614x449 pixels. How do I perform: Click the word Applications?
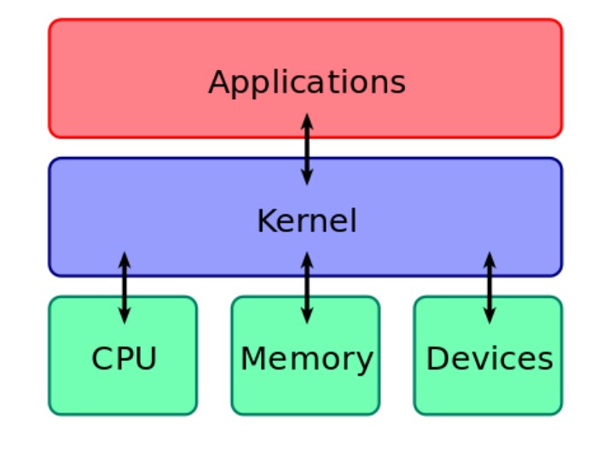307,83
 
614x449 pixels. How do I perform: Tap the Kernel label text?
307,220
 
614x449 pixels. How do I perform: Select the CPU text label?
125,359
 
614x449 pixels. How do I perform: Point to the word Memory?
307,359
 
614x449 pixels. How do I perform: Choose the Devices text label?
489,359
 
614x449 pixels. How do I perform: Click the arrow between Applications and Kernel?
307,149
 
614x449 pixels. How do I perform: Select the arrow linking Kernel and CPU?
125,288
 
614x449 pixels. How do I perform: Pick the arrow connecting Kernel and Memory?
307,288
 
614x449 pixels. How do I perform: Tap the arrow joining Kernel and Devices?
489,288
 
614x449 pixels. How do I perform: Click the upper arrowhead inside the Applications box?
307,120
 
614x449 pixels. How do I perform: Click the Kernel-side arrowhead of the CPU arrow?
125,259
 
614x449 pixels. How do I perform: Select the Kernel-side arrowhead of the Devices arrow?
489,259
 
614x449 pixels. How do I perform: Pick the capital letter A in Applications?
220,81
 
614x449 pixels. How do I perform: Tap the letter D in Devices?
437,359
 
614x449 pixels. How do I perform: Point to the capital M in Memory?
254,359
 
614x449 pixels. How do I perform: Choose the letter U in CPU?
147,359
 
